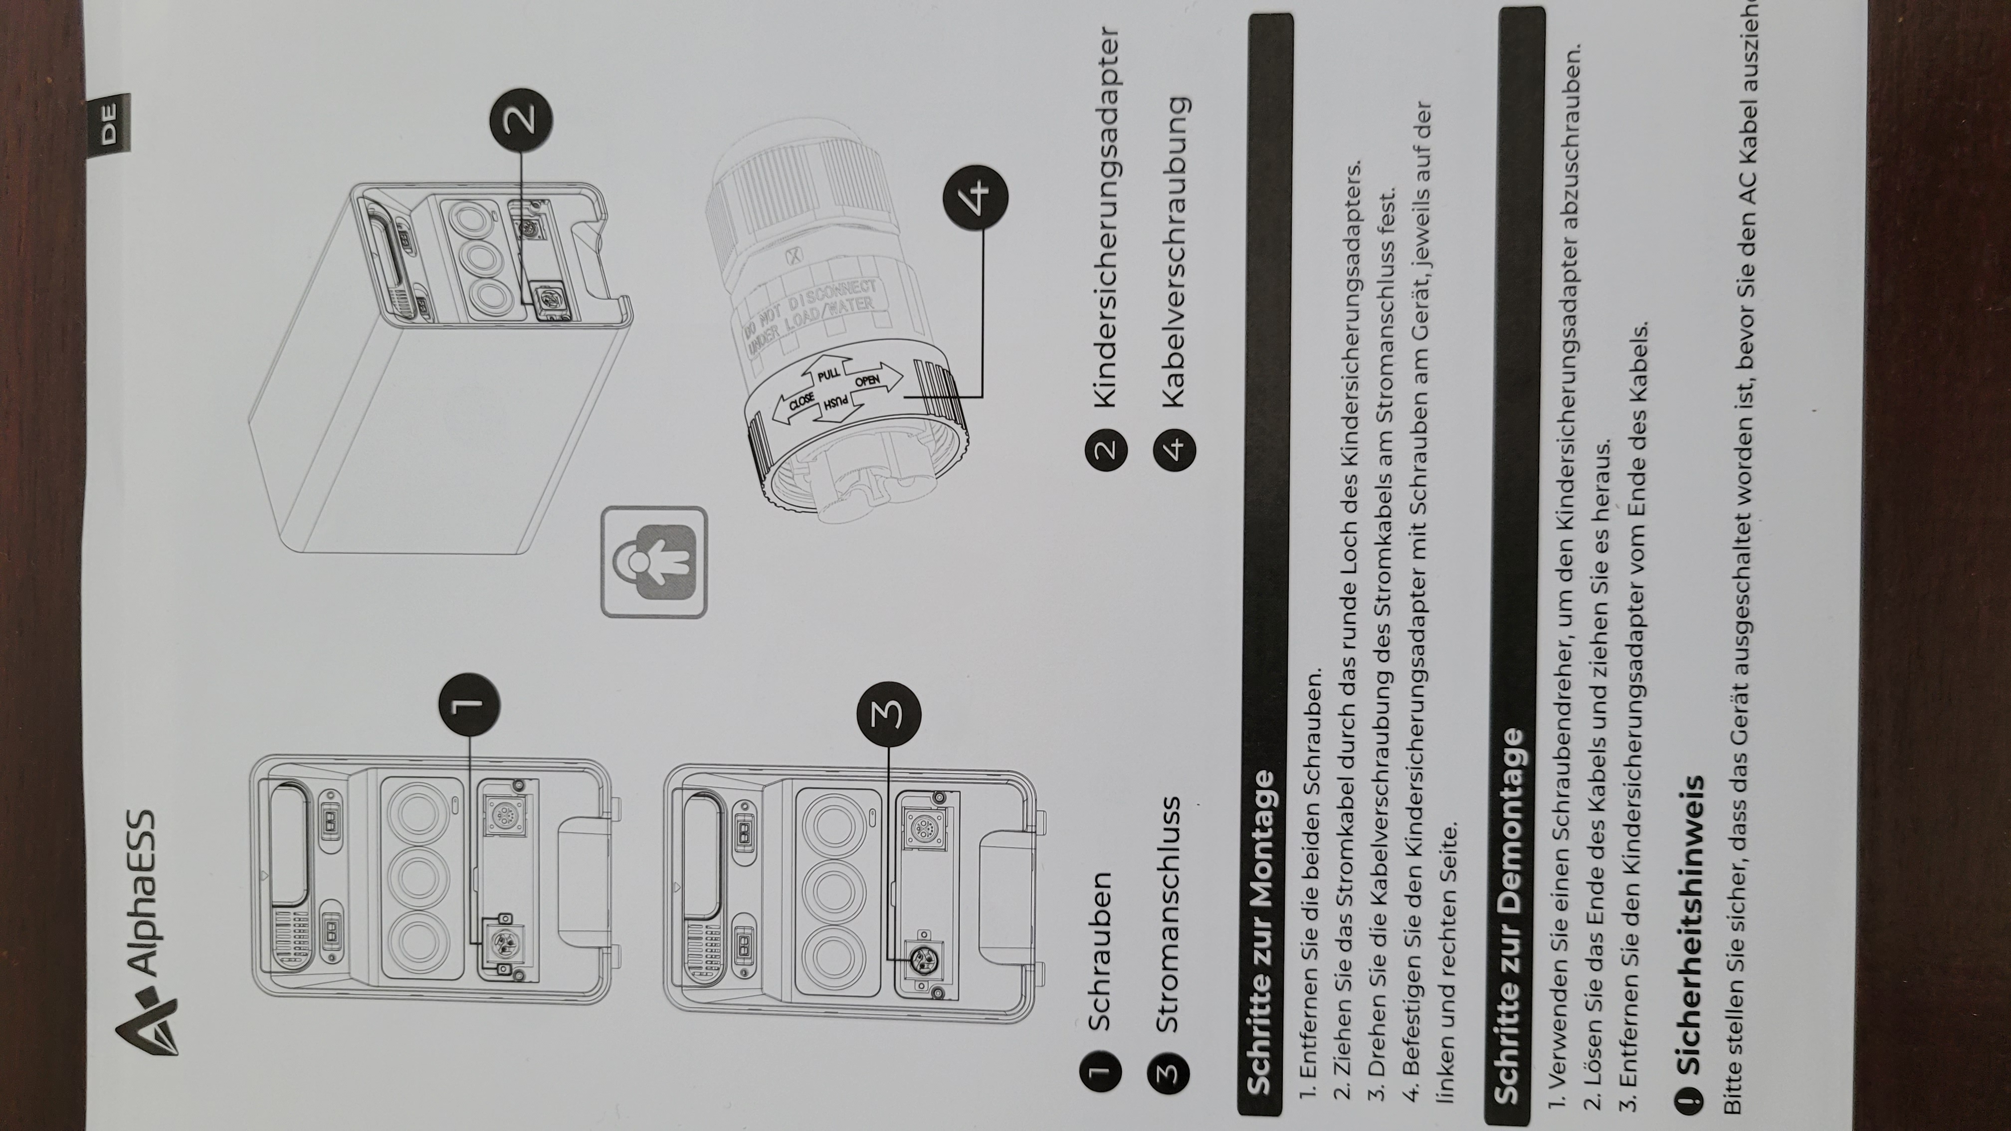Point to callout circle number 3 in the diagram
pyautogui.click(x=889, y=713)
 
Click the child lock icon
pyautogui.click(x=654, y=562)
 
